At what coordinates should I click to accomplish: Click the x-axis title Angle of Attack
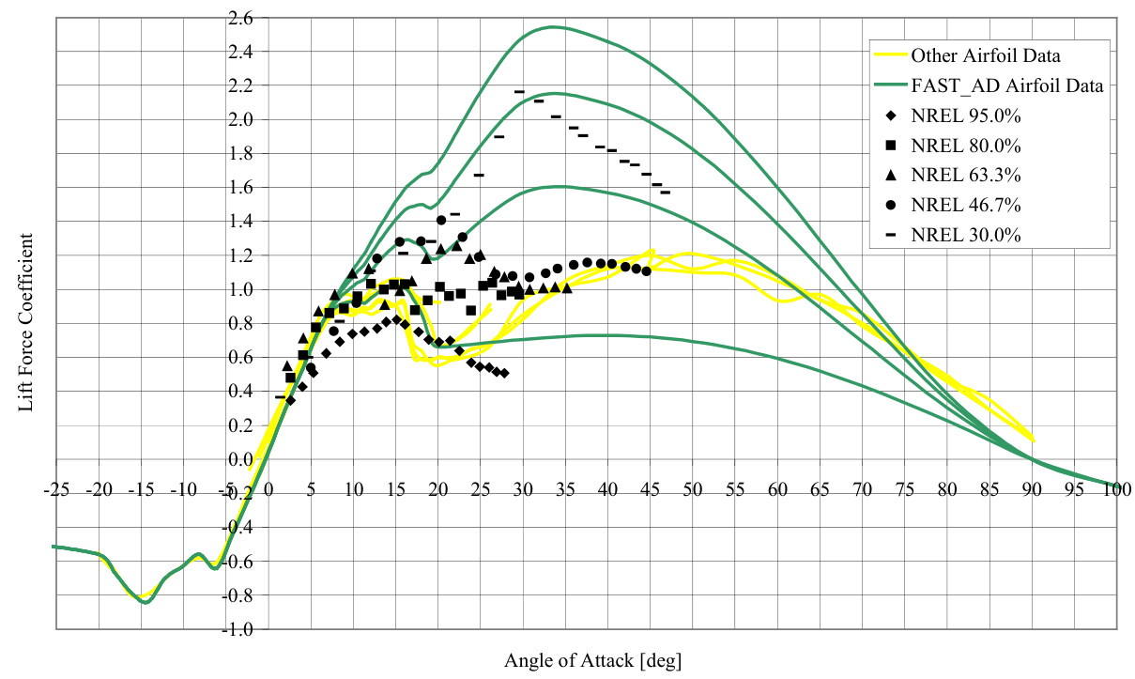click(592, 660)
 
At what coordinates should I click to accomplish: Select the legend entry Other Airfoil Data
click(979, 54)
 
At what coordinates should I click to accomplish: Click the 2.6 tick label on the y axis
click(240, 18)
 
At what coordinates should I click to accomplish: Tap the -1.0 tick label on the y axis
click(238, 629)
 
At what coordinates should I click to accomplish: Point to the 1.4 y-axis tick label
click(240, 222)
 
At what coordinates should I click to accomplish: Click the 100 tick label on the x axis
click(1116, 489)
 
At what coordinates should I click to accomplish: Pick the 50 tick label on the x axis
click(692, 489)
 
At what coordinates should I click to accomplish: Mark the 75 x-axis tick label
click(904, 489)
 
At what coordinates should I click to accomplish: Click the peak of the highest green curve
click(554, 26)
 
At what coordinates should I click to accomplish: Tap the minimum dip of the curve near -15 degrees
click(146, 602)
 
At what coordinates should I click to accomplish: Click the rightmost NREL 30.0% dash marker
click(665, 193)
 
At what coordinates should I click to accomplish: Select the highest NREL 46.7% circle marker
click(441, 220)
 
